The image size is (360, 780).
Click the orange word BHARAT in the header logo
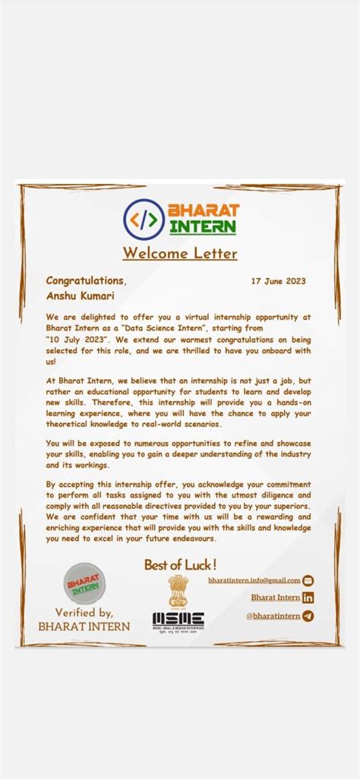pos(203,210)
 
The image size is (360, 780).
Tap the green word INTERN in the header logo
pos(203,226)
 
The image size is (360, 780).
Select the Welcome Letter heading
pos(180,254)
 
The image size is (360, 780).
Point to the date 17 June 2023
pos(279,281)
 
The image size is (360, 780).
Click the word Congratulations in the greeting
pos(85,281)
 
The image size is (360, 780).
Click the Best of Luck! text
pos(180,564)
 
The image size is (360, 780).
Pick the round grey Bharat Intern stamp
pos(84,583)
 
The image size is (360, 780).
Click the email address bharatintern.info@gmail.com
pos(254,580)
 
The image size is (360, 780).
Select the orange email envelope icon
pos(308,580)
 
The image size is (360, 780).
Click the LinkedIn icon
pos(308,598)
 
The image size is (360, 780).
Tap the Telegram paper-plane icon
pos(308,616)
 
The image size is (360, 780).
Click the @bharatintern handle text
pos(273,616)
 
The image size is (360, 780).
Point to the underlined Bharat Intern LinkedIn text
pos(275,598)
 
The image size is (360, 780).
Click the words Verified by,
pos(84,613)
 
